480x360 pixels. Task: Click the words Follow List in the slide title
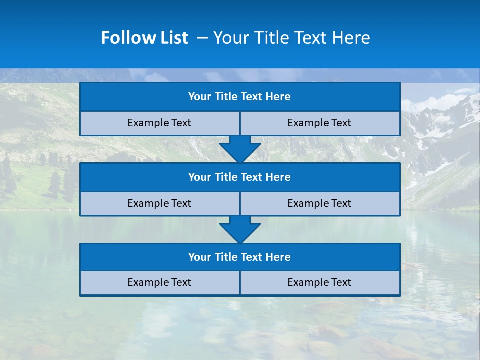(x=144, y=38)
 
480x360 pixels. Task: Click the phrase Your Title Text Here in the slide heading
(x=291, y=38)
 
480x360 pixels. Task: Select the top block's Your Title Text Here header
(x=239, y=97)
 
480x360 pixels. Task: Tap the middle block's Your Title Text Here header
(x=239, y=177)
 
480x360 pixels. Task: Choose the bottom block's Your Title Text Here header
(x=239, y=257)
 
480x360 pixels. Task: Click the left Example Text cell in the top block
(x=159, y=123)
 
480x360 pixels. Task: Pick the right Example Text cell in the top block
(x=319, y=123)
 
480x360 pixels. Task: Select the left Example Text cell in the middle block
(x=159, y=203)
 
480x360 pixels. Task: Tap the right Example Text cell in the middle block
(x=319, y=203)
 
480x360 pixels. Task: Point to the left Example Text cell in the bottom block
(x=159, y=282)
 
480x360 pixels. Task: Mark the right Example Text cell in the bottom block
(x=319, y=282)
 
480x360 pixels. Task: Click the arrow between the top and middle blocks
(x=240, y=149)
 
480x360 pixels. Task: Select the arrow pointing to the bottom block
(x=240, y=229)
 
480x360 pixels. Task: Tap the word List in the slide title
(x=171, y=38)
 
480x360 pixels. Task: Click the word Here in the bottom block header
(x=278, y=257)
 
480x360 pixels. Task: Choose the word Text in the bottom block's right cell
(x=341, y=282)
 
